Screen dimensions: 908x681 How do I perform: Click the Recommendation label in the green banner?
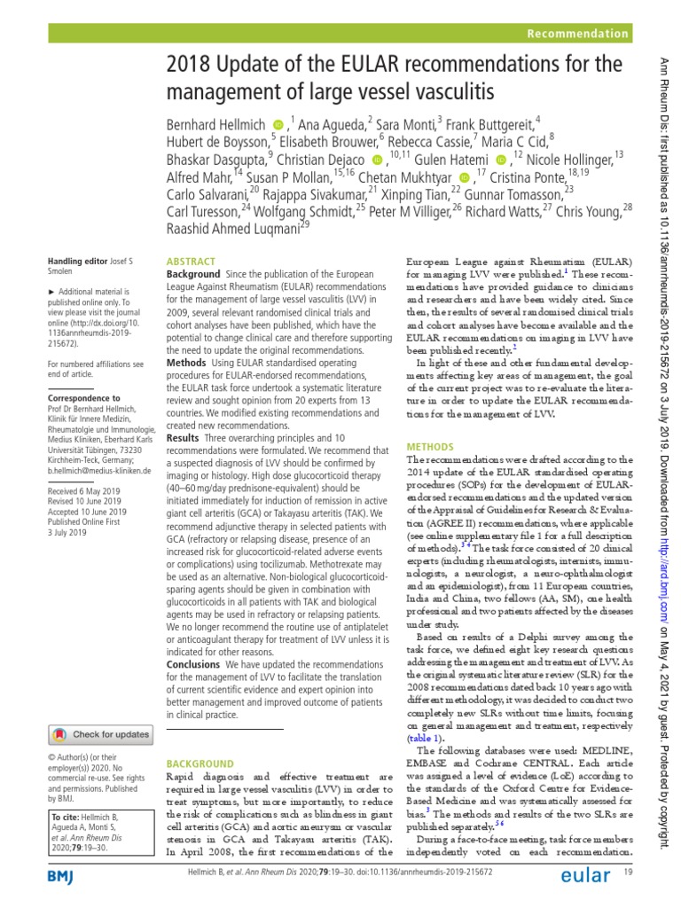577,34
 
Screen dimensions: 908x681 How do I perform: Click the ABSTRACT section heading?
192,262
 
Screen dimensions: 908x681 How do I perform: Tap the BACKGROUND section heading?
200,763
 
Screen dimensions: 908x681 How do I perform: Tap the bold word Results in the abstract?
183,438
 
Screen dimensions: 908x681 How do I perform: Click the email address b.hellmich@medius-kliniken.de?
99,472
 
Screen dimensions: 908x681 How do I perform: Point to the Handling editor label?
77,262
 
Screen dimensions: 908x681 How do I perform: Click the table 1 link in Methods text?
425,737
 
